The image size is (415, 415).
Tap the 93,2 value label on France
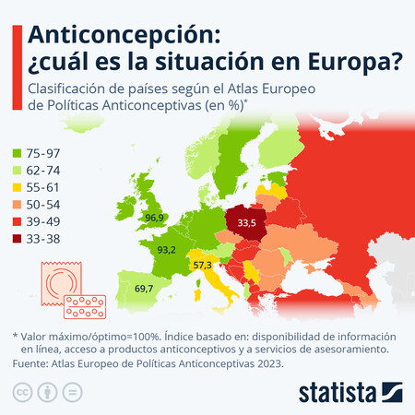167,250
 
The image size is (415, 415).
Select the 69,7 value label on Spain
144,289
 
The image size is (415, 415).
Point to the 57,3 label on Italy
202,266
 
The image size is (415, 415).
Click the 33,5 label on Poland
246,222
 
